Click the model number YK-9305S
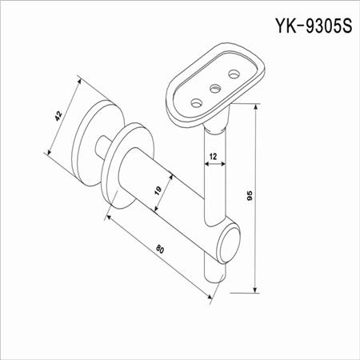[314, 26]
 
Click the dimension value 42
[58, 116]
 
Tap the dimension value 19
[158, 190]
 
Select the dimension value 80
[159, 250]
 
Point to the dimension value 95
[250, 195]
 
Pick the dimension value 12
[213, 157]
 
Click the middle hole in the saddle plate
[215, 88]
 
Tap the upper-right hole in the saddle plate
[234, 74]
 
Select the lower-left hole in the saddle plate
[197, 103]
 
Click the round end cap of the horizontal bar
[230, 245]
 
